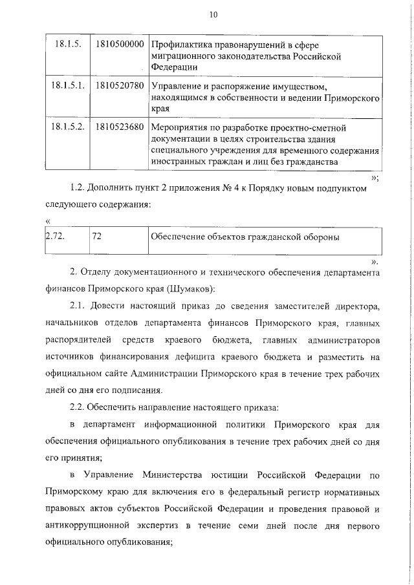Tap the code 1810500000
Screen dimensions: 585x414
pyautogui.click(x=118, y=45)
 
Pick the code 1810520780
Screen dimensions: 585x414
pyautogui.click(x=118, y=85)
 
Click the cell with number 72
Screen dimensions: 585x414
pyautogui.click(x=98, y=237)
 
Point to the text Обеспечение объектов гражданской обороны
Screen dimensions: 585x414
pyautogui.click(x=245, y=237)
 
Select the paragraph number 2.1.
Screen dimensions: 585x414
pyautogui.click(x=79, y=305)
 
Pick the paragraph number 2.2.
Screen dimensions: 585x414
pyautogui.click(x=79, y=407)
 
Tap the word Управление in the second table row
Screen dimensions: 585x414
pyautogui.click(x=178, y=85)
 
